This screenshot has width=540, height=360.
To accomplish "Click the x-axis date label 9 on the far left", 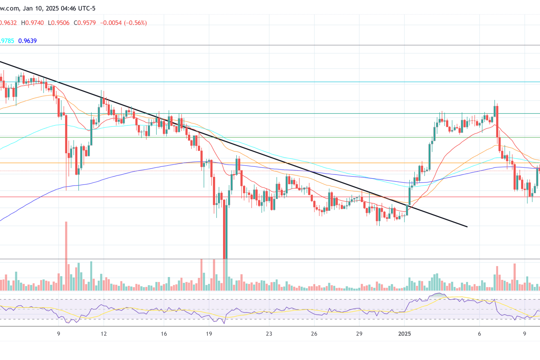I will (x=58, y=334).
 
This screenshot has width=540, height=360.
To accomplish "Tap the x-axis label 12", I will (x=104, y=334).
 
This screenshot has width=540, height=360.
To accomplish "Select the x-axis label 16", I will (x=164, y=334).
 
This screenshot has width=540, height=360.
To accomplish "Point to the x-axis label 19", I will (x=209, y=334).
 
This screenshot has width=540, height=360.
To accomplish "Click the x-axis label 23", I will (x=269, y=334).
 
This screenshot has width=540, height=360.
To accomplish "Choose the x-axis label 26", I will (x=314, y=334).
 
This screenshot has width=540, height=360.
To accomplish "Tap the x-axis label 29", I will (x=359, y=334).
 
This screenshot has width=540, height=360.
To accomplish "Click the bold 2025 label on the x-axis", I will (x=404, y=334).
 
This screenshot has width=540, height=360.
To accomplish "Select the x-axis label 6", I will (x=480, y=334).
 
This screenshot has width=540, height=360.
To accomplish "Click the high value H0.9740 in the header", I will (x=32, y=23).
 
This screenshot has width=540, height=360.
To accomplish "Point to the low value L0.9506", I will (x=58, y=23).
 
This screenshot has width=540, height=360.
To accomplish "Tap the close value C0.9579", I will (x=85, y=23).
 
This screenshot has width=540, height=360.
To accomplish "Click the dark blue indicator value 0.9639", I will (x=27, y=41).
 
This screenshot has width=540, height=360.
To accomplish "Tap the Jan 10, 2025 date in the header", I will (x=41, y=8).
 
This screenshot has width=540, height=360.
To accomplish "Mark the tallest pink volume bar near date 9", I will (x=66, y=256).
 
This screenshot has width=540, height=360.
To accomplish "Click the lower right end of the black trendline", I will (x=467, y=226).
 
